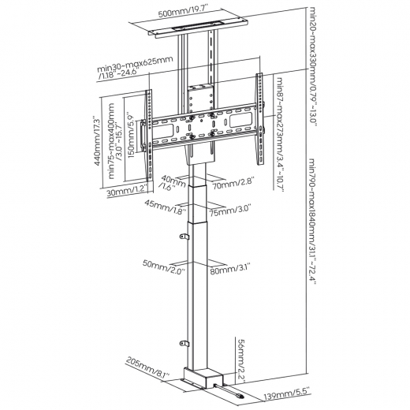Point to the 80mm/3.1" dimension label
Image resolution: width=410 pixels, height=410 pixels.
(230, 269)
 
